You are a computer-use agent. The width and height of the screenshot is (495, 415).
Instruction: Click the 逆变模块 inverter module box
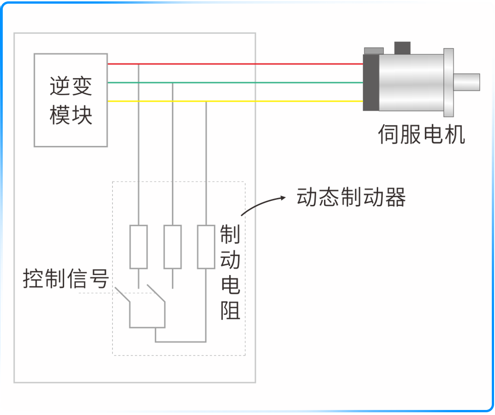tap(71, 100)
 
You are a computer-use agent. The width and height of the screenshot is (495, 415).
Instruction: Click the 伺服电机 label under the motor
tap(421, 134)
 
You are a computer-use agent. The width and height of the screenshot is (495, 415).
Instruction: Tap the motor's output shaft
tap(467, 82)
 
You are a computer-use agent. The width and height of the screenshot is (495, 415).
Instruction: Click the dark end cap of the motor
tap(371, 82)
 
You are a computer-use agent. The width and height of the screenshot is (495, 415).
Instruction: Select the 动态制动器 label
tap(351, 198)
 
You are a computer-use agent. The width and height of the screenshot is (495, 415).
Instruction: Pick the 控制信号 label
tap(66, 279)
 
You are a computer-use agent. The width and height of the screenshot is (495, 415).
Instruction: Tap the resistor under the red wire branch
tap(138, 247)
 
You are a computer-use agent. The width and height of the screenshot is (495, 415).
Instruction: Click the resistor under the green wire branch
tap(172, 247)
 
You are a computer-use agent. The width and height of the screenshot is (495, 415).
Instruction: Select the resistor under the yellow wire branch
tap(206, 247)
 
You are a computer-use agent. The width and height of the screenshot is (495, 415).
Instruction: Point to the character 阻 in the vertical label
tap(231, 311)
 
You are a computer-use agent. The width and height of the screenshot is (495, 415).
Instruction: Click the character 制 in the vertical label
tap(230, 234)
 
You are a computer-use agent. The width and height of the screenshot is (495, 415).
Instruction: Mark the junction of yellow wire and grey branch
tap(206, 102)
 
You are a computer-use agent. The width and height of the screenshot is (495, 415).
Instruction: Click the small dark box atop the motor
tap(402, 48)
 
